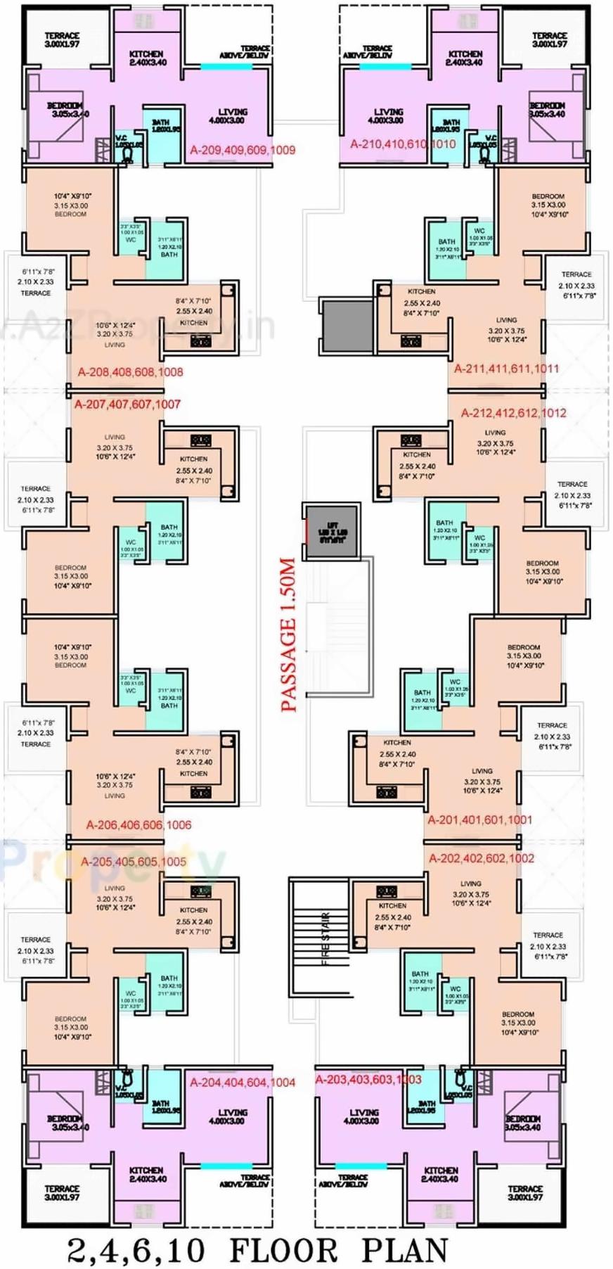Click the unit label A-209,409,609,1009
243,150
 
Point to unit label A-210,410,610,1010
403,144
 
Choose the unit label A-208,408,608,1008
131,372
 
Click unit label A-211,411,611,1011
506,369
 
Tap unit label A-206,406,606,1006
138,824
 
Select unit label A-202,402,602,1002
482,858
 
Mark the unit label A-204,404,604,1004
243,1083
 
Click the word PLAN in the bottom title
404,1249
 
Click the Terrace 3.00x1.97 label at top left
62,39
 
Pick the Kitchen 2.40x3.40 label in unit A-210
465,58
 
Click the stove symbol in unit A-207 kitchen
201,441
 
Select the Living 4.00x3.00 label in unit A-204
233,1116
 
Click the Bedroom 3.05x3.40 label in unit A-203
522,1123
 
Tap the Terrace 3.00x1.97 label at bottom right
525,1192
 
